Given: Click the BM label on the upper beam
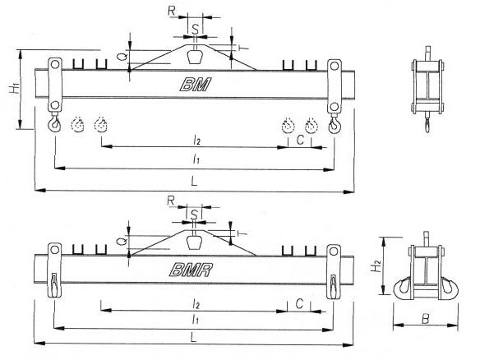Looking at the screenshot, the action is coord(196,85).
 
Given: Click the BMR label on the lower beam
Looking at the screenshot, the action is coord(191,270).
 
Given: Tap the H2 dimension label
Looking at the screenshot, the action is coord(376,265).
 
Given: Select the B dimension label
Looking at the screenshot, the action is coord(426,319).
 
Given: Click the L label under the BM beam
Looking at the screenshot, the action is coord(194,181).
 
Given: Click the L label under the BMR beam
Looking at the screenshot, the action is coord(193,338).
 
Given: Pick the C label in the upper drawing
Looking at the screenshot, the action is coord(300,140).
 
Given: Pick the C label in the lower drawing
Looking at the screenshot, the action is coord(299,303).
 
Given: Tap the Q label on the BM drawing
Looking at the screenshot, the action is coord(122,57).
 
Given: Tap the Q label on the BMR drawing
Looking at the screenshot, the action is coord(122,241).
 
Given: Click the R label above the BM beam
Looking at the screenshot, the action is coord(172,11).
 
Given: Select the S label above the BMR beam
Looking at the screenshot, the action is coord(195,215).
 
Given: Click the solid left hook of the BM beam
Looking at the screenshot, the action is coord(55,123).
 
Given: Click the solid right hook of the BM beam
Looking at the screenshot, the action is coord(334,125).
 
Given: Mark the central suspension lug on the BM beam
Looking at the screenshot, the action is coord(195,57).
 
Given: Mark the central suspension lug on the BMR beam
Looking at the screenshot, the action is coord(194,242).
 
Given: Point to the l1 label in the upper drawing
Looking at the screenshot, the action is coord(196,159).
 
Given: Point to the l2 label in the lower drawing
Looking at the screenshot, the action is coord(196,304).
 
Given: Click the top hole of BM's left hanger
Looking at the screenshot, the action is coord(55,65).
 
